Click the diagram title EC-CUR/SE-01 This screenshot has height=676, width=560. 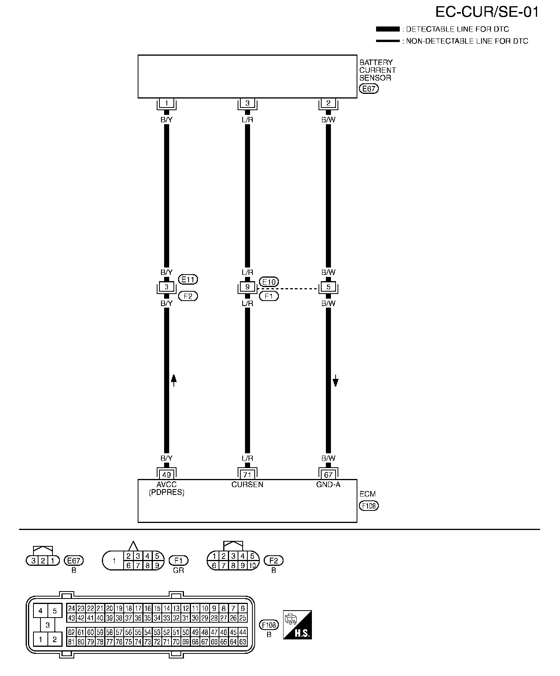click(x=487, y=12)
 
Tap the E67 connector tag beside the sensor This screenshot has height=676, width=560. click(x=369, y=89)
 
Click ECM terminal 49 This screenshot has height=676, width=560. click(x=166, y=475)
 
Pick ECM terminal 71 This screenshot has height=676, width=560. click(x=247, y=475)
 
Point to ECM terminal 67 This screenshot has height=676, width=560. click(x=329, y=475)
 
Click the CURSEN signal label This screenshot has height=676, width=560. click(x=247, y=485)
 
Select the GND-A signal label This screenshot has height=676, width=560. click(x=329, y=485)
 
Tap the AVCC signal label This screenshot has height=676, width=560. click(x=166, y=485)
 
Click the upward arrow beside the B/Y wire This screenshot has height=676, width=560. click(x=174, y=380)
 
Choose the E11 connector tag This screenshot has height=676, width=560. click(x=188, y=279)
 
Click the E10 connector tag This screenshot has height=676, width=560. click(x=269, y=282)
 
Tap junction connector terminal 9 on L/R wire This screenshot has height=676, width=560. click(x=247, y=287)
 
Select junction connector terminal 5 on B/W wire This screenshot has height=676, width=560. click(x=329, y=287)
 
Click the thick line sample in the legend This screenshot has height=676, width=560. click(x=388, y=29)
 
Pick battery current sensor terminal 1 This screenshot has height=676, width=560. click(x=166, y=103)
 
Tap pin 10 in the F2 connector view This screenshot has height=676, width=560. click(x=252, y=566)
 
